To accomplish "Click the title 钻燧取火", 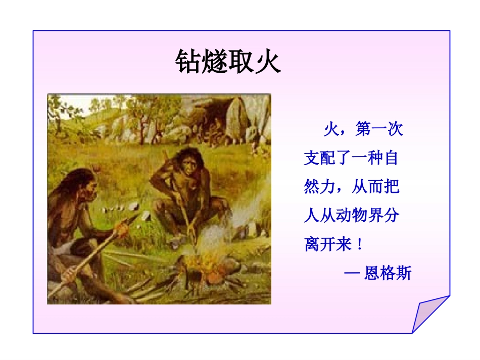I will point(228,62).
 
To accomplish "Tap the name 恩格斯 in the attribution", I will point(388,274).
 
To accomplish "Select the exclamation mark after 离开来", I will point(359,245).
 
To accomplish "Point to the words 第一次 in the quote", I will point(379,129).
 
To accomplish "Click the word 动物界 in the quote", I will point(360,216).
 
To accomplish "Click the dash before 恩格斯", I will point(352,274).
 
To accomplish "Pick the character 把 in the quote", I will point(391,187).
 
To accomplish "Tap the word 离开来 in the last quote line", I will point(327,245).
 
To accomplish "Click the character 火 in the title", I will point(268,62).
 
